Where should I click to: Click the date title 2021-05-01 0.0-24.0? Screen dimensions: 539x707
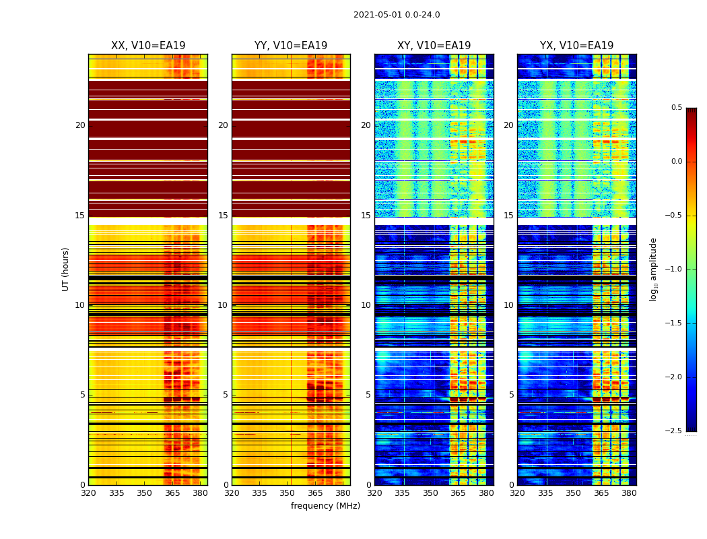[x=397, y=15]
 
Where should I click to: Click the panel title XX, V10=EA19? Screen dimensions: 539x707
[x=148, y=46]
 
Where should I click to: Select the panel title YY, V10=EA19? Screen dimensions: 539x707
[x=291, y=46]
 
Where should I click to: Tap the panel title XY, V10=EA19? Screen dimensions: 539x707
[x=434, y=46]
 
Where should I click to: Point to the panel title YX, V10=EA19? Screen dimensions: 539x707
[x=576, y=46]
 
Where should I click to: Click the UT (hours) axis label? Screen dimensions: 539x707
[x=66, y=269]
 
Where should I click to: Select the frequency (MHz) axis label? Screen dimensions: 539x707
[x=325, y=506]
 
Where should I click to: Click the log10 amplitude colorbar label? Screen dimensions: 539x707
[x=653, y=269]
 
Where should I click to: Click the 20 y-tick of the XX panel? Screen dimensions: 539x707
[x=80, y=125]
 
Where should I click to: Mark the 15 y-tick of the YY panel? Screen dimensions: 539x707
[x=223, y=216]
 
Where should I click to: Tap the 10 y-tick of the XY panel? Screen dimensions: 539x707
[x=366, y=305]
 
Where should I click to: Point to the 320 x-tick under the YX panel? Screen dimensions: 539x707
[x=517, y=493]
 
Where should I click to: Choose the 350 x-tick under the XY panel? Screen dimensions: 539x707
[x=430, y=493]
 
